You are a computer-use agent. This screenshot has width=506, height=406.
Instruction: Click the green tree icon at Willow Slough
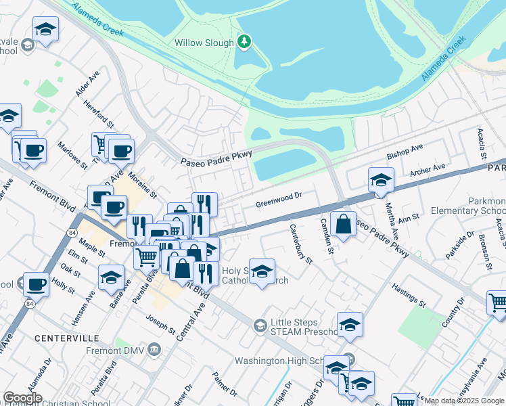[x=244, y=43]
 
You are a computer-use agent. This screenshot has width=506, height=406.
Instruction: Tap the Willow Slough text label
[x=203, y=43]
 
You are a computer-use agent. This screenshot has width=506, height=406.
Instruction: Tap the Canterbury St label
[x=301, y=244]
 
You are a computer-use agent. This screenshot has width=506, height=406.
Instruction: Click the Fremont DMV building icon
[x=154, y=349]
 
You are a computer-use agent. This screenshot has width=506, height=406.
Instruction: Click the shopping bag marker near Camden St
[x=343, y=223]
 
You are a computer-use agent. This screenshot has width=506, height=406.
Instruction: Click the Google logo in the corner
[x=22, y=398]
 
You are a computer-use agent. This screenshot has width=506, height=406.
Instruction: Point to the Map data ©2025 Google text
[x=464, y=401]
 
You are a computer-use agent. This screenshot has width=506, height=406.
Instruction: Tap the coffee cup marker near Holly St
[x=36, y=284]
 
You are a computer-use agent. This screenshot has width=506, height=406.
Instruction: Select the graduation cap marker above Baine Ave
[x=111, y=277]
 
